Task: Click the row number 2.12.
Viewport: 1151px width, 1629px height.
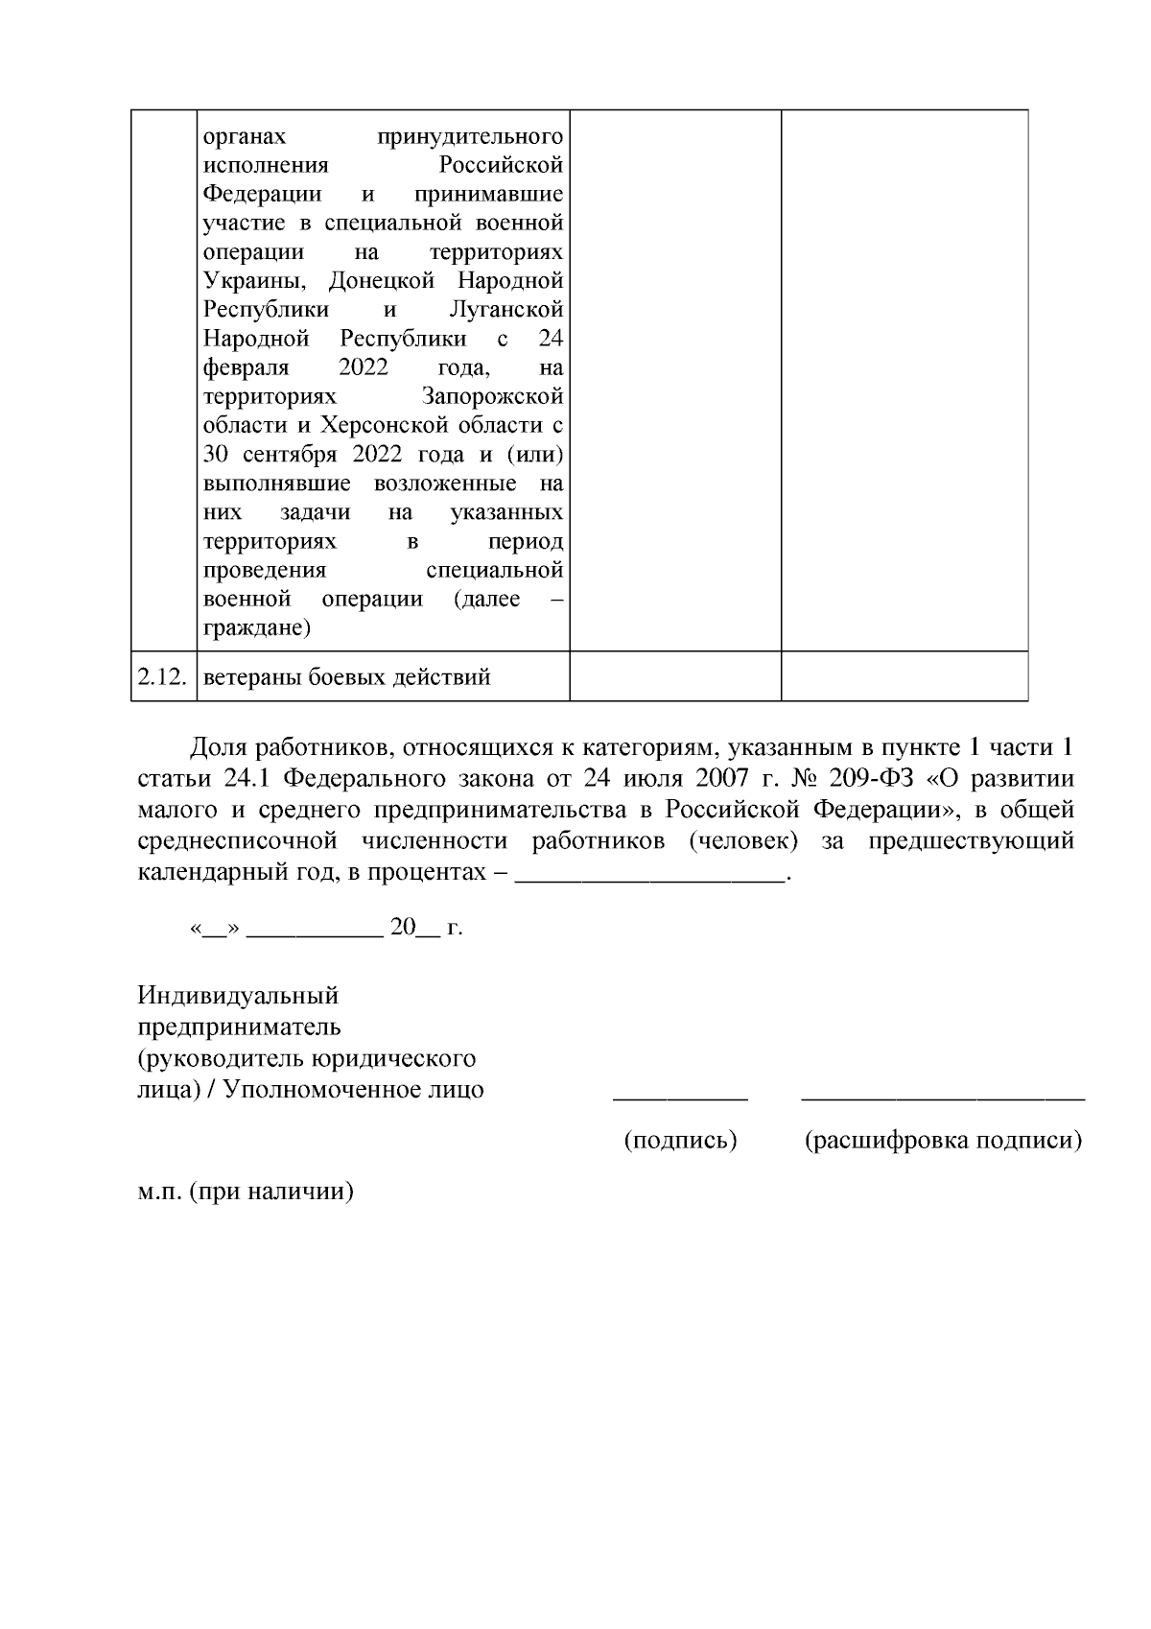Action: click(x=163, y=677)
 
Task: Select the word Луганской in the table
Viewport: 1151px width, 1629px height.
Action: click(x=505, y=310)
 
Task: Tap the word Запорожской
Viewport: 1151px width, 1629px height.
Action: click(x=492, y=397)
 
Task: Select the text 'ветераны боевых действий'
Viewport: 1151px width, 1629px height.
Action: click(x=346, y=677)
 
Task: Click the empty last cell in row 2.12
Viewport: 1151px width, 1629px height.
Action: click(x=904, y=676)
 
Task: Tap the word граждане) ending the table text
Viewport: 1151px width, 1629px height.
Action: click(x=256, y=628)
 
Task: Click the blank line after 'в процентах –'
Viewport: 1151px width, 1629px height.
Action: click(x=650, y=876)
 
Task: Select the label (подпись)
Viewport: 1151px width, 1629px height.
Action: click(x=680, y=1141)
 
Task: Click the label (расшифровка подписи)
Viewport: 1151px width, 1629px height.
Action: click(x=943, y=1141)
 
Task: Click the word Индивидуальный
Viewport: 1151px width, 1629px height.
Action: click(x=238, y=995)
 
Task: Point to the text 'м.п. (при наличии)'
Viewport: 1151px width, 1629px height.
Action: click(x=246, y=1192)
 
